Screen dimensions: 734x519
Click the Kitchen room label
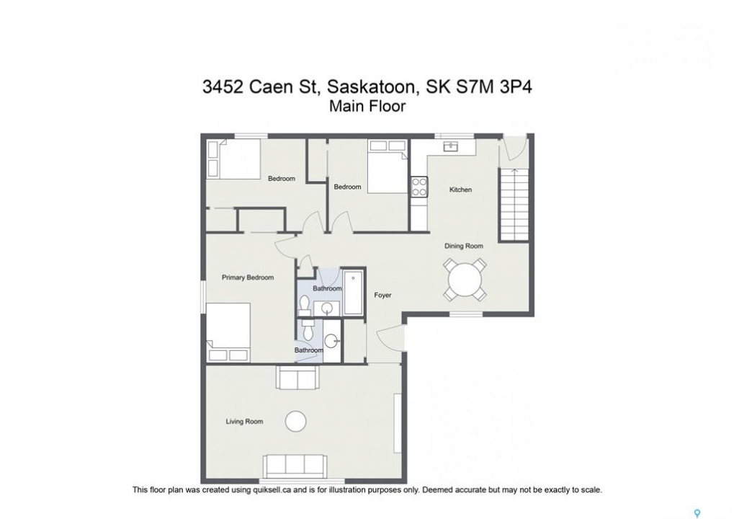coord(460,190)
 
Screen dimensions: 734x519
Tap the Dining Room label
coord(463,246)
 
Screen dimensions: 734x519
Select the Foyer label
coord(382,295)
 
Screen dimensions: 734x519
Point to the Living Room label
coord(244,422)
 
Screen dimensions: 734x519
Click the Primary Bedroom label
coord(248,278)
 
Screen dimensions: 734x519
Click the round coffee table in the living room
coord(296,421)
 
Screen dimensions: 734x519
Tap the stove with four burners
coord(419,187)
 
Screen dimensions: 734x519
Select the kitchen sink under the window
coord(451,146)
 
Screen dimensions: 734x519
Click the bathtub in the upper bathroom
coord(353,293)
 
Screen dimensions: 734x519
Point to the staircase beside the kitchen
coord(514,204)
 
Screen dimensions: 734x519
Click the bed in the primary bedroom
coord(228,332)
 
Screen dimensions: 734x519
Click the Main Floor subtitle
coord(367,106)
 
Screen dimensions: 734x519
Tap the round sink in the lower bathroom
coord(332,340)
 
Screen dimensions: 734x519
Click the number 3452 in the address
coord(223,87)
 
